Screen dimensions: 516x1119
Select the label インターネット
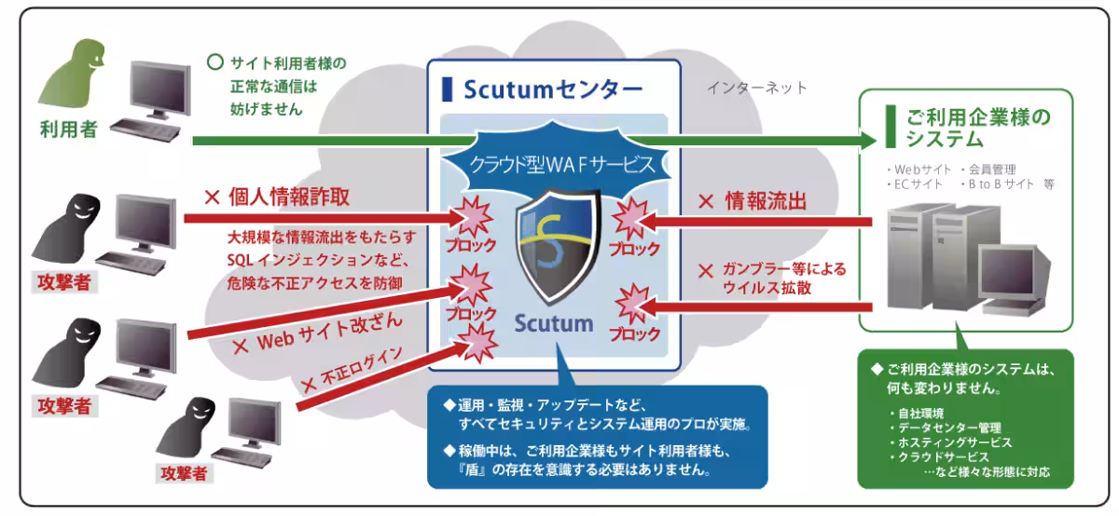click(757, 88)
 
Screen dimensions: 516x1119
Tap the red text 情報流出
click(765, 200)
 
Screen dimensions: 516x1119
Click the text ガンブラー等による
click(784, 270)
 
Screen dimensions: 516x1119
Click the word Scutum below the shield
click(554, 324)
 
